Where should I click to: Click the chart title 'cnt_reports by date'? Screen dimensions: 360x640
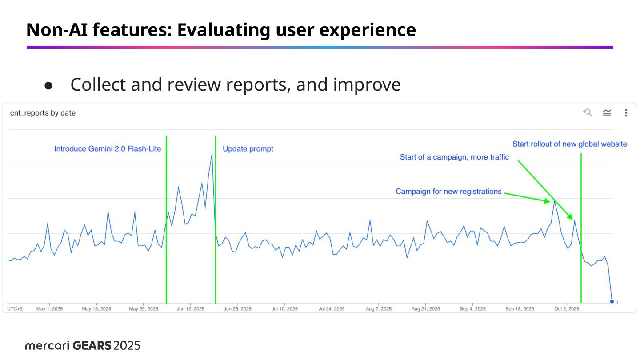pos(43,113)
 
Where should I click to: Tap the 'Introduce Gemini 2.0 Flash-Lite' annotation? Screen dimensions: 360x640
pos(108,149)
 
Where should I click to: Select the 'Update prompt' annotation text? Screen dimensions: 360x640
pos(248,149)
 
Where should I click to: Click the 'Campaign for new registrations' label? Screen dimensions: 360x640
pos(448,192)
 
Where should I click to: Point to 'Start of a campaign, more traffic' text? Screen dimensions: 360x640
pos(454,157)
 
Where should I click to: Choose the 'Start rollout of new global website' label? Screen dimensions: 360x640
pos(570,144)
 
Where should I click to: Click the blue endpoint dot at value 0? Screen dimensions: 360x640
pos(612,302)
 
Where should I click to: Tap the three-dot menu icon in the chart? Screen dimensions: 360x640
pos(626,113)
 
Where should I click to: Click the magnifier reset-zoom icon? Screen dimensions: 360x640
pos(588,113)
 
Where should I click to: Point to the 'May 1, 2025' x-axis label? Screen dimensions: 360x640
pos(49,308)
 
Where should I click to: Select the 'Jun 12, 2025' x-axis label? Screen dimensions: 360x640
pos(190,308)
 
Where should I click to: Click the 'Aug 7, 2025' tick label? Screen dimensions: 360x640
pos(378,308)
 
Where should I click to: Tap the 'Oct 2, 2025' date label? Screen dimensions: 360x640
pos(567,308)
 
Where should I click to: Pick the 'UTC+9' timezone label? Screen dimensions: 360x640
pos(15,308)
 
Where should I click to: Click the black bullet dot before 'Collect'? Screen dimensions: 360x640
pos(49,85)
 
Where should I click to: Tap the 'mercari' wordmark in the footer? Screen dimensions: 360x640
pos(47,345)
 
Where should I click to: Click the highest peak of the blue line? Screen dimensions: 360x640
pos(212,154)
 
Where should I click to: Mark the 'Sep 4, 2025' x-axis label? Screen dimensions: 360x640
pos(473,308)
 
